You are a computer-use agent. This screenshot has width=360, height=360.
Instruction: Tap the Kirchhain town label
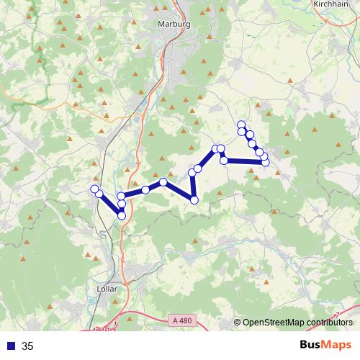coord(333,4)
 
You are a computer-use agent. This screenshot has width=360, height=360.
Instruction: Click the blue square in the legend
coord(9,346)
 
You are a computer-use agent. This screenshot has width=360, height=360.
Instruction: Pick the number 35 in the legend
coord(27,346)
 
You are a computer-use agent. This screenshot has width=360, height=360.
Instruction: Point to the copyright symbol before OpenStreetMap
coord(237,323)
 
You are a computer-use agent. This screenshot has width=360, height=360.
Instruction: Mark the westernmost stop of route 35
coord(94,189)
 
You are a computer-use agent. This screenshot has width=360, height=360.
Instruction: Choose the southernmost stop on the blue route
coord(122,215)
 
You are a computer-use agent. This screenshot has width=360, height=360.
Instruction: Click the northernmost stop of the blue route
coord(241,125)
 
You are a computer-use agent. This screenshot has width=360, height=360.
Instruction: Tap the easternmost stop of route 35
coord(266,163)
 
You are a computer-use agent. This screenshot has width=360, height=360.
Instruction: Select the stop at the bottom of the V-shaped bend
coord(194,199)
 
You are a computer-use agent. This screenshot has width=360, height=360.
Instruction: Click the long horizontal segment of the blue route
coord(245,161)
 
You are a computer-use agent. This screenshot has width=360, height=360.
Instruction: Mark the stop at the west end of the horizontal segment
coord(225,160)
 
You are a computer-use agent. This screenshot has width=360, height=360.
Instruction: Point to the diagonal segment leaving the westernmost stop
coord(108,202)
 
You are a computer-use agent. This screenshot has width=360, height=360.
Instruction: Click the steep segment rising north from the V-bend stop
coord(193,186)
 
